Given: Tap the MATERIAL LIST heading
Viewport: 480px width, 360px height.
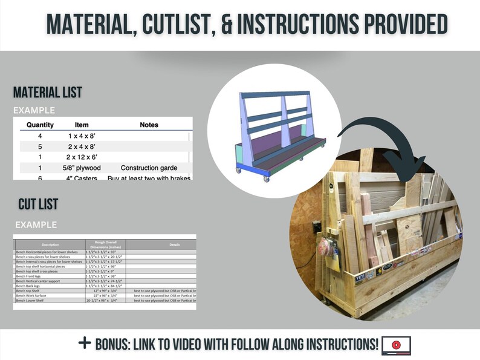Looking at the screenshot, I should (48, 93).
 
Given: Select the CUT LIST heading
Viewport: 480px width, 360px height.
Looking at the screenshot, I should (38, 204).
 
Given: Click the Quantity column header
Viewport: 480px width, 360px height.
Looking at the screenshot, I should (40, 125).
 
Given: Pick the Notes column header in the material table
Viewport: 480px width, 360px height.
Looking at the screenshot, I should (149, 125).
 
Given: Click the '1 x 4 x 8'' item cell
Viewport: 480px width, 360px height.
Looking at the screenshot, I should (81, 136).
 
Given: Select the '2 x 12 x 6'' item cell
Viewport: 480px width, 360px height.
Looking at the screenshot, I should (81, 157).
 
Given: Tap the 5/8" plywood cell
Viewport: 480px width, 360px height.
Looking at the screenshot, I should (81, 168).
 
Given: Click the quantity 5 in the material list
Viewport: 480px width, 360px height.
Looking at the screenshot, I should (40, 146).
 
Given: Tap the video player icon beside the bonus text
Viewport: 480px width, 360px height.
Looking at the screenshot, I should (396, 345).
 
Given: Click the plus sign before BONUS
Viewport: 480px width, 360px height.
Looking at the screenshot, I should (85, 343).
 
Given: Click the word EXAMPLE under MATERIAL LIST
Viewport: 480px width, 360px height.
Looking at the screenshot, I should (34, 110).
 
